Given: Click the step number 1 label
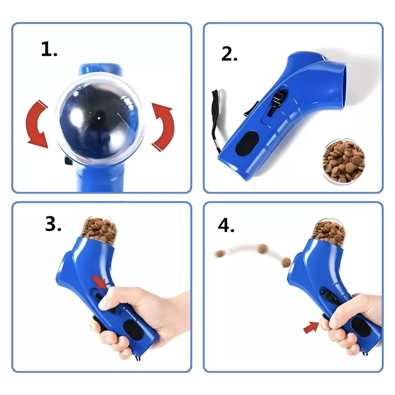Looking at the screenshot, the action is pos(49,49).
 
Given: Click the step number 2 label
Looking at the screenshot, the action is pos(229,54).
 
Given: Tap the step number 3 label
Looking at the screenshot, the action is pos(53,224).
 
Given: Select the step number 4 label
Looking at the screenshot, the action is pos(226,225).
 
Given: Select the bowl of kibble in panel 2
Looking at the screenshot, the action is pos(344,161).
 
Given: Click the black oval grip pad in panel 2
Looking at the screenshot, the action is pos(247,143).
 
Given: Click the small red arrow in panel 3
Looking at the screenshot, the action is pos(100,281).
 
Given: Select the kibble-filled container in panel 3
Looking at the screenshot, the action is pos(99,229).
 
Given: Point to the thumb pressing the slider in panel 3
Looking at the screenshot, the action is pos(107,299).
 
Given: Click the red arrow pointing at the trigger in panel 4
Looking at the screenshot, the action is pos(312,327).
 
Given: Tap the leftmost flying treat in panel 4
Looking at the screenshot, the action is pos(220,253).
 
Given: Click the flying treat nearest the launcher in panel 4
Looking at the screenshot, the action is pos(286,262).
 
